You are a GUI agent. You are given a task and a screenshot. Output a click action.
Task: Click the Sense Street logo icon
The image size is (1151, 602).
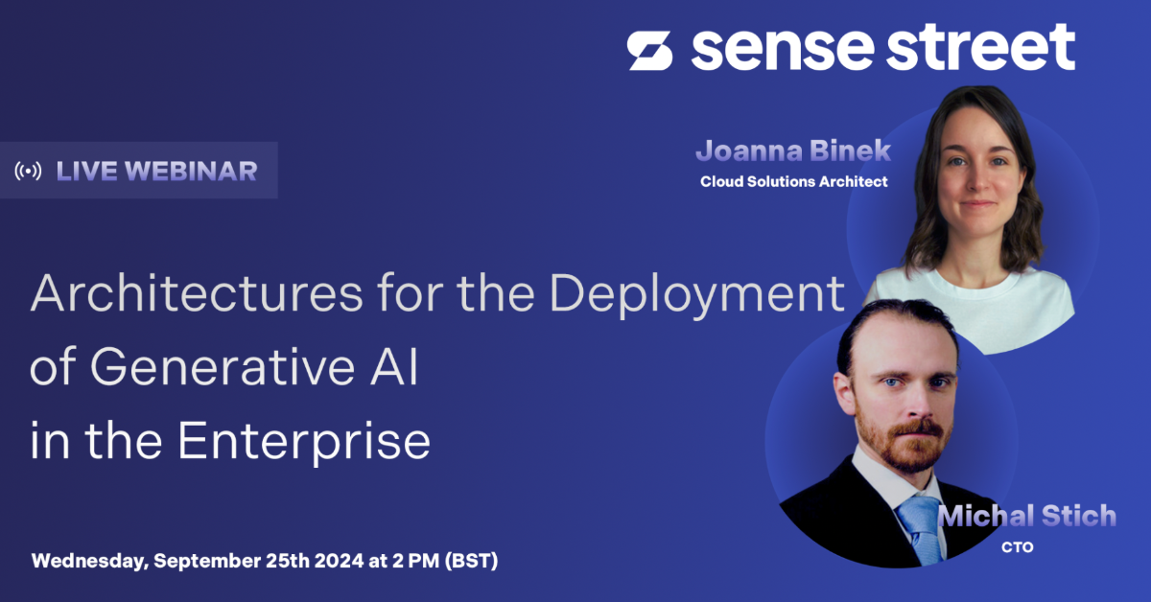[649, 51]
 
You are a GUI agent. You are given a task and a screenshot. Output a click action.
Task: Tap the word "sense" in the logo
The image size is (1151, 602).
[782, 51]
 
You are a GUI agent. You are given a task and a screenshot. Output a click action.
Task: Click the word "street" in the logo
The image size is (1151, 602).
[981, 46]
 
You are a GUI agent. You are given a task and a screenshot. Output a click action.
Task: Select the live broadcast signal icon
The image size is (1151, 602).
[28, 171]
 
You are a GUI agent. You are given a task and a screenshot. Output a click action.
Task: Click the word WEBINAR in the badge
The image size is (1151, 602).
[191, 171]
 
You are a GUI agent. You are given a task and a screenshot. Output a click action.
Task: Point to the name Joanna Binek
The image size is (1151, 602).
[793, 150]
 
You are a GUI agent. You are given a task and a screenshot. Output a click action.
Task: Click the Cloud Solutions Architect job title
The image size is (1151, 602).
[794, 181]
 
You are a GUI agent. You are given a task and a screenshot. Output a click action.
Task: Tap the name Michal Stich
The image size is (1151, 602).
[1027, 515]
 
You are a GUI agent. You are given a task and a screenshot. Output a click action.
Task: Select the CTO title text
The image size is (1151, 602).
[1018, 547]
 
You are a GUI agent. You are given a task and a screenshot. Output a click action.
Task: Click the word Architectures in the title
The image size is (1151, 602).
[197, 292]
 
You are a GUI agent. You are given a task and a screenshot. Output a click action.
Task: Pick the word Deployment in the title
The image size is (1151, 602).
[697, 295]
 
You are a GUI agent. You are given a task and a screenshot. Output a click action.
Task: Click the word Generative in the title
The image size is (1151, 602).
[222, 366]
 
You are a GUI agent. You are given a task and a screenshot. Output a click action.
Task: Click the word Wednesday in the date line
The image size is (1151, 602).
[90, 561]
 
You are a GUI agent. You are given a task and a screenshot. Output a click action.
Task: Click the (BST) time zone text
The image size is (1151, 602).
[471, 561]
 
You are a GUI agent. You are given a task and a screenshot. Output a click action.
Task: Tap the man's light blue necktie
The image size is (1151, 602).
[922, 528]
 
